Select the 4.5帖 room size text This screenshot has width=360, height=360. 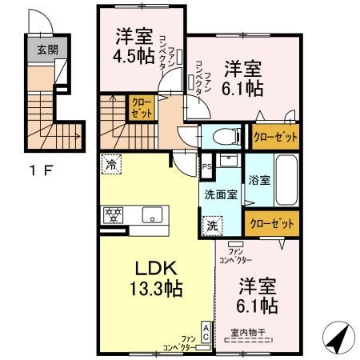click(x=134, y=58)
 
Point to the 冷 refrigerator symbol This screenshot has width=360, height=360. click(x=109, y=166)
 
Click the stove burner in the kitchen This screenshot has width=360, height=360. click(x=114, y=214)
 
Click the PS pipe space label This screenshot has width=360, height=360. click(x=206, y=168)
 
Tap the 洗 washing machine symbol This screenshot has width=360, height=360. click(x=213, y=226)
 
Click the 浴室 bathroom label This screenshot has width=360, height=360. click(x=258, y=180)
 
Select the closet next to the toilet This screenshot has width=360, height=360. click(x=275, y=136)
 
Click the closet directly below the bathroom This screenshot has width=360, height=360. click(x=271, y=224)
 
